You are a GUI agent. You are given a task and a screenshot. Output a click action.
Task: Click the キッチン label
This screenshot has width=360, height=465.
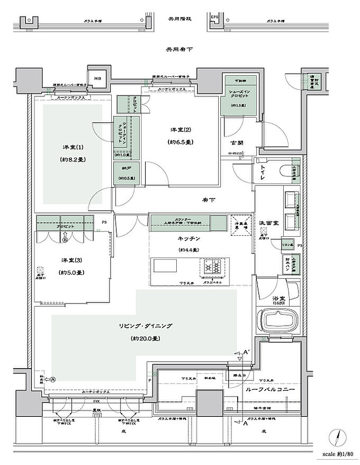188,239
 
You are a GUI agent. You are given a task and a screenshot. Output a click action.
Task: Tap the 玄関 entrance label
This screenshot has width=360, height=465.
237,142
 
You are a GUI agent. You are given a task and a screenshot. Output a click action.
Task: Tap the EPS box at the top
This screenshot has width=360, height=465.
214,17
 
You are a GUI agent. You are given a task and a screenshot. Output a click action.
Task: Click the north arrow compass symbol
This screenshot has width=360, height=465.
338,437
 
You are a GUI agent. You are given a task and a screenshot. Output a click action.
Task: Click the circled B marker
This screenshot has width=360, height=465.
65,239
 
